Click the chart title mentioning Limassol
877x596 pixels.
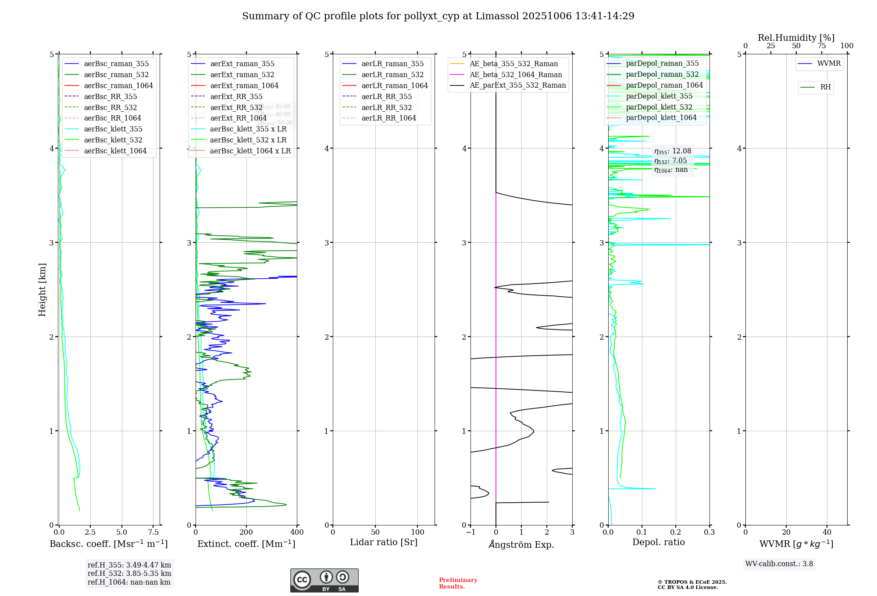[x=438, y=16]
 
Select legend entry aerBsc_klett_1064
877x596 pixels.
[x=115, y=151]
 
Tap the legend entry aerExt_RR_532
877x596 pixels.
[x=236, y=107]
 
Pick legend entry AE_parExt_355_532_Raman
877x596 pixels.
[x=517, y=85]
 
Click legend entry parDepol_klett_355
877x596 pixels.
[x=659, y=96]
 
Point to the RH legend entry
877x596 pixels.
[x=825, y=87]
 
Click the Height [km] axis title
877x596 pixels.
[x=42, y=290]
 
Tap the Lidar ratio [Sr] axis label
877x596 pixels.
[x=384, y=543]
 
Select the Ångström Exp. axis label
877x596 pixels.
[x=521, y=545]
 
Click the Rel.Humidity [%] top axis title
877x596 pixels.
[x=796, y=38]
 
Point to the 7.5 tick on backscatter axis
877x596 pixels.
[x=153, y=532]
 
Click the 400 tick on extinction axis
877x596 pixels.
[x=297, y=532]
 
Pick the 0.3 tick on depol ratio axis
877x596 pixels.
[x=709, y=532]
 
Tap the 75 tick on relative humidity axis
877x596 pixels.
[x=821, y=46]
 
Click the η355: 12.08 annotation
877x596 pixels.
[x=673, y=151]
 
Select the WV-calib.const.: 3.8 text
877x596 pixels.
[x=779, y=564]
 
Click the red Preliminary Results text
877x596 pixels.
[x=458, y=583]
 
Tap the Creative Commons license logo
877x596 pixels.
[x=324, y=581]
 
